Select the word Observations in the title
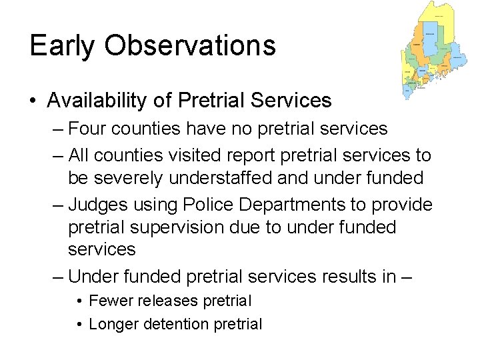click(185, 45)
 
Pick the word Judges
click(98, 205)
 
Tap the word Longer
click(113, 325)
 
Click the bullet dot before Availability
click(33, 101)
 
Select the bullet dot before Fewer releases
click(79, 301)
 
